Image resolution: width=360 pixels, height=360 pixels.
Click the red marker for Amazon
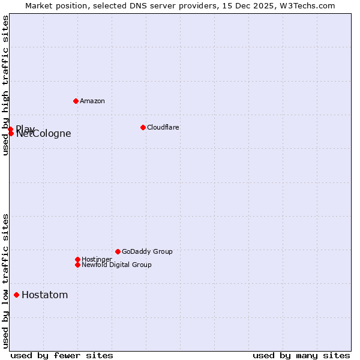76,101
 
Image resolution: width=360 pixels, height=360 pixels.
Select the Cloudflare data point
143,127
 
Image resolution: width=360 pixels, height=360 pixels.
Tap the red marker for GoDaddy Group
118,251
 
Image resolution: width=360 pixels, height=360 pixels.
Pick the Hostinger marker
77,259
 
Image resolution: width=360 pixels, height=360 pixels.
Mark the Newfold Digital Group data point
77,265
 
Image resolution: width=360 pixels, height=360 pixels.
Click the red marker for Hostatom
16,295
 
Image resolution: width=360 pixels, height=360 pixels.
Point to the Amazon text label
92,101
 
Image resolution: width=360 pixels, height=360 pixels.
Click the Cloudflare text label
163,127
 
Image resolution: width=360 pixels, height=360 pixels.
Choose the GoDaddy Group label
147,251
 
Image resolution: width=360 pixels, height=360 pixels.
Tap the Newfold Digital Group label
116,265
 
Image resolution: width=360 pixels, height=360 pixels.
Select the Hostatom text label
44,295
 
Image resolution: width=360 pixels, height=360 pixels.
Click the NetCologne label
44,134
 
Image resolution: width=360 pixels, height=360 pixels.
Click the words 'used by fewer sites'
62,355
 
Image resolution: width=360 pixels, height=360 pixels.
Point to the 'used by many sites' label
301,355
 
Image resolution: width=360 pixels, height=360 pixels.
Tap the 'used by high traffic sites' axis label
6,85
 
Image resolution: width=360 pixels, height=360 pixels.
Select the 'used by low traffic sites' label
6,281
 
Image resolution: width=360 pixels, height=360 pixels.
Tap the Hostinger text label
97,259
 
